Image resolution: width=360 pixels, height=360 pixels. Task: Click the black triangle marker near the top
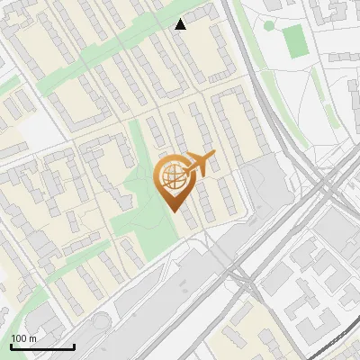(181, 24)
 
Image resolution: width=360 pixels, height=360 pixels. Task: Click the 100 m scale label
(24, 338)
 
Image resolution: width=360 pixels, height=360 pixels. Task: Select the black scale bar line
(42, 346)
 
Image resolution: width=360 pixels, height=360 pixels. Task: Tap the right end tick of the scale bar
(74, 346)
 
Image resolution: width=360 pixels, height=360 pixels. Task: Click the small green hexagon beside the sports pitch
(267, 25)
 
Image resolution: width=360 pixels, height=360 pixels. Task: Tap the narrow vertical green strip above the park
(137, 144)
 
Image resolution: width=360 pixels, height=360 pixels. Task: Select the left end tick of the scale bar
(11, 346)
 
